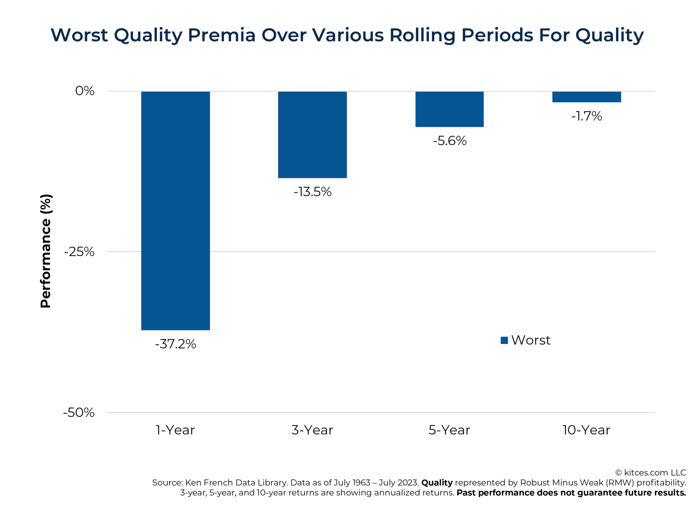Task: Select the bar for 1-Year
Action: pos(175,210)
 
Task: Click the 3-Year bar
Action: pos(312,134)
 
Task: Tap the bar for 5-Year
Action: pos(449,109)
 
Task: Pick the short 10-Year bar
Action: pos(586,97)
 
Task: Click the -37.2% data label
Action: pos(175,344)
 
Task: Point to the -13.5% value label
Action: pos(312,192)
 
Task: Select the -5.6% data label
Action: pos(449,141)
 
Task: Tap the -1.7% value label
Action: pos(586,116)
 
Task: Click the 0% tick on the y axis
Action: pos(85,91)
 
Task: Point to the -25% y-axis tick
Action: pos(79,252)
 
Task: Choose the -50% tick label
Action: pos(78,412)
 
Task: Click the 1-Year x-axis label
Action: pos(175,430)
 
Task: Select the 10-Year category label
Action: pos(586,430)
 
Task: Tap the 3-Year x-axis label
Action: pos(312,430)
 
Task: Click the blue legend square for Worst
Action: pos(504,340)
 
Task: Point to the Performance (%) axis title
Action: pos(46,251)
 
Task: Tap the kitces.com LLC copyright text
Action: pos(651,473)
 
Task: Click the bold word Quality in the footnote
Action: pos(437,483)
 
